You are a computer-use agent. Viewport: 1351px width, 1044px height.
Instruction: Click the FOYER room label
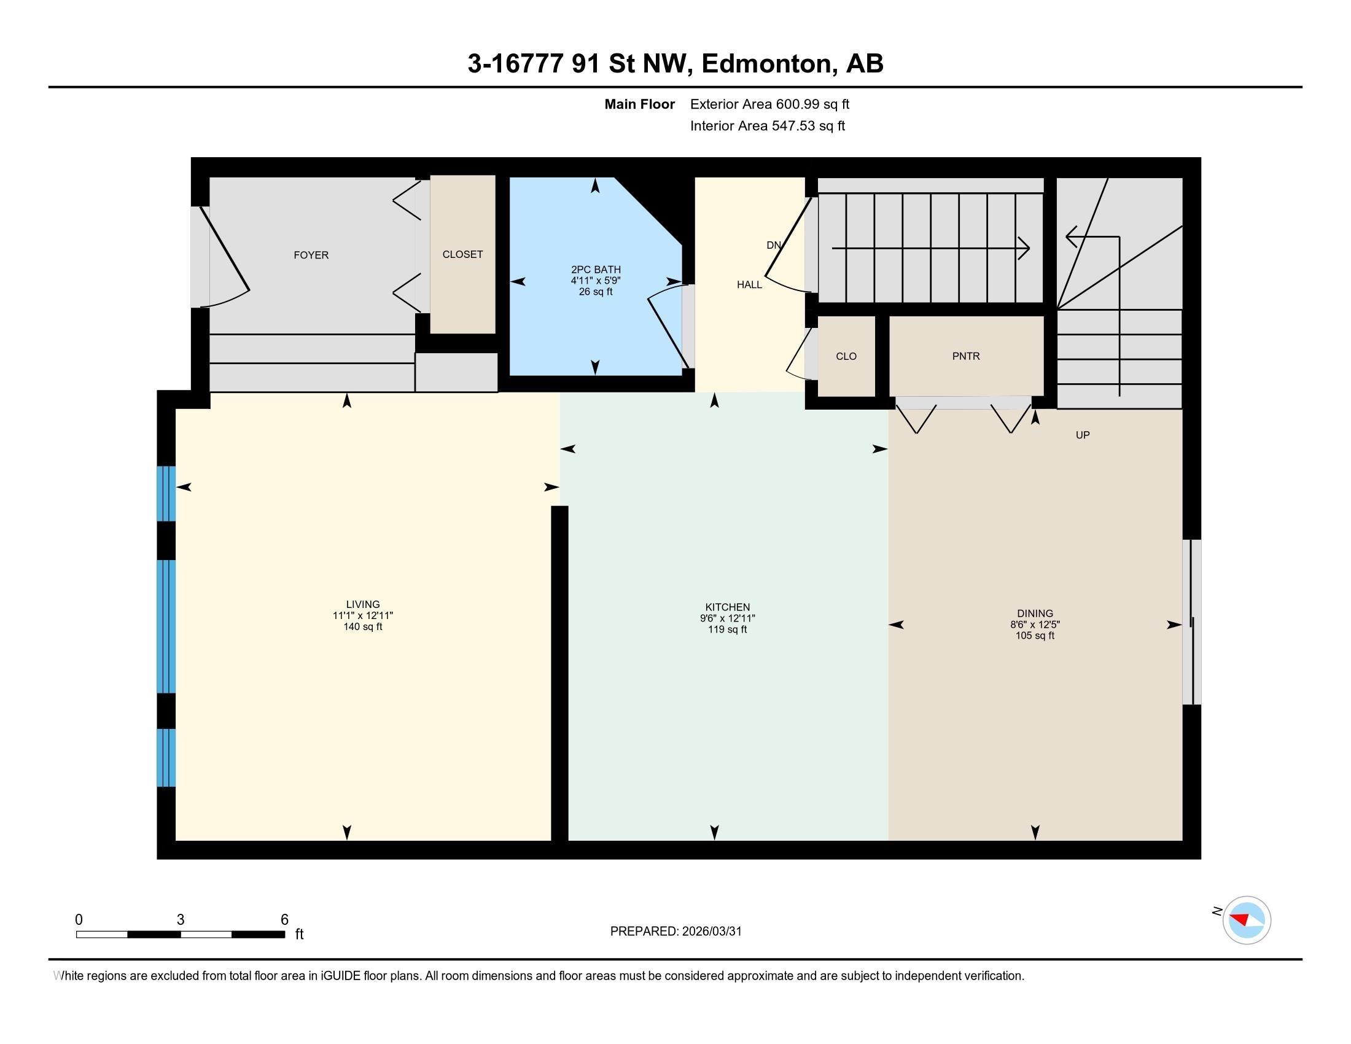(311, 255)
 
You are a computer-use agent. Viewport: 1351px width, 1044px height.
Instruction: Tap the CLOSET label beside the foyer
(462, 254)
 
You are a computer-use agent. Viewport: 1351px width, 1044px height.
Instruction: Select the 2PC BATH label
(596, 270)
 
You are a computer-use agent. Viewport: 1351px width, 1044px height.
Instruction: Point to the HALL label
(749, 284)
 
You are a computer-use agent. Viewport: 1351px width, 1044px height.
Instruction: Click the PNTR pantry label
(966, 356)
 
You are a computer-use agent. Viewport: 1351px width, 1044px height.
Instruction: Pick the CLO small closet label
(846, 356)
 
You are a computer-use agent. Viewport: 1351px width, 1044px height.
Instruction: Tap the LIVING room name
(363, 604)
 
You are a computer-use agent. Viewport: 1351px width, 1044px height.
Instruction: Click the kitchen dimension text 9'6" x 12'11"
(728, 618)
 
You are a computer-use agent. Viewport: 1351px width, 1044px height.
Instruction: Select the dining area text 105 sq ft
(1035, 635)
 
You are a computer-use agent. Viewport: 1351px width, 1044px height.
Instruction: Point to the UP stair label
(1083, 435)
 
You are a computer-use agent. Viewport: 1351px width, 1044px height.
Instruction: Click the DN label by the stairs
(773, 245)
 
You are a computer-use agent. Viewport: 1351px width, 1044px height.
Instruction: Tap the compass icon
(1247, 921)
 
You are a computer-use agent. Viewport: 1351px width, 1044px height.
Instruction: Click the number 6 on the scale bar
(284, 920)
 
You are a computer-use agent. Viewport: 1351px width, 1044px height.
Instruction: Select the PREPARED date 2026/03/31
(712, 932)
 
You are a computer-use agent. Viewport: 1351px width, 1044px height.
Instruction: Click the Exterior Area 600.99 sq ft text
(770, 104)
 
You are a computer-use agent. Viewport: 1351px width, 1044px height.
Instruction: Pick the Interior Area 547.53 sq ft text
(768, 126)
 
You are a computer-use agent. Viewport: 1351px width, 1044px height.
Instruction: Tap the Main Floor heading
(640, 104)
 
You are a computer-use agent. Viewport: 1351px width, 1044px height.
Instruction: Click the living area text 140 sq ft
(363, 626)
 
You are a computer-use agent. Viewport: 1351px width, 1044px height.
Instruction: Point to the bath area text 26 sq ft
(596, 292)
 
